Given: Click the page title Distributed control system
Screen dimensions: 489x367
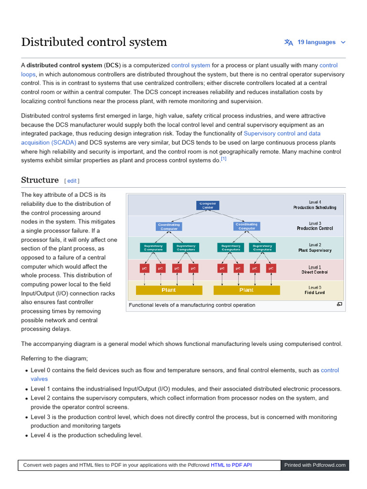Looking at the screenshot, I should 94,42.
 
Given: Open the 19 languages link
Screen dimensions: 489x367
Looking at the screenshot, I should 316,42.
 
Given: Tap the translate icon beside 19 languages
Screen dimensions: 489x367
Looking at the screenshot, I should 288,42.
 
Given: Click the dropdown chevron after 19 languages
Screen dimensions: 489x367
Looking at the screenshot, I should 343,43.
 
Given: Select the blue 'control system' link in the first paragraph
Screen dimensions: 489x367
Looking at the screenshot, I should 190,65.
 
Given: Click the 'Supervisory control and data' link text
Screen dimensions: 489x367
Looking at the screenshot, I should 282,134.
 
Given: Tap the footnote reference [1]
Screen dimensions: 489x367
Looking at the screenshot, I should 224,159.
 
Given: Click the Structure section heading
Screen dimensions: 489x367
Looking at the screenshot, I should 40,180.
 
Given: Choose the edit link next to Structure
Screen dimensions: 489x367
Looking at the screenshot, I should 72,181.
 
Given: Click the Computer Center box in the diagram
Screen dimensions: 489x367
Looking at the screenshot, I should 208,205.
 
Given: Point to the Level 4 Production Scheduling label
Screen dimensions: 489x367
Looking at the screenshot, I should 315,205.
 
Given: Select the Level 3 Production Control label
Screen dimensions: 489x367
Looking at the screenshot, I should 315,226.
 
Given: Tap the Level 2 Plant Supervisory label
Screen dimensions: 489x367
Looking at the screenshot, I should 315,247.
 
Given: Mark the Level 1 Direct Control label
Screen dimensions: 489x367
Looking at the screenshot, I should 315,270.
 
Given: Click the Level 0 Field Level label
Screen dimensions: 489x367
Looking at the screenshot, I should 315,290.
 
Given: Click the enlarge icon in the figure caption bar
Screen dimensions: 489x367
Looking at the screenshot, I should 339,304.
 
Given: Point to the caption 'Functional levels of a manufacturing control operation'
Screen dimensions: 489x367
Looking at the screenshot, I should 192,305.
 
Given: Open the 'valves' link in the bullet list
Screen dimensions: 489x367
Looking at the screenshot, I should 39,379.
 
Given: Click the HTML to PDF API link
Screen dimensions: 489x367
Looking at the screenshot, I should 231,465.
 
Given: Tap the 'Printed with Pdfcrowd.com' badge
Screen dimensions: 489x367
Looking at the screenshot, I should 314,465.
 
